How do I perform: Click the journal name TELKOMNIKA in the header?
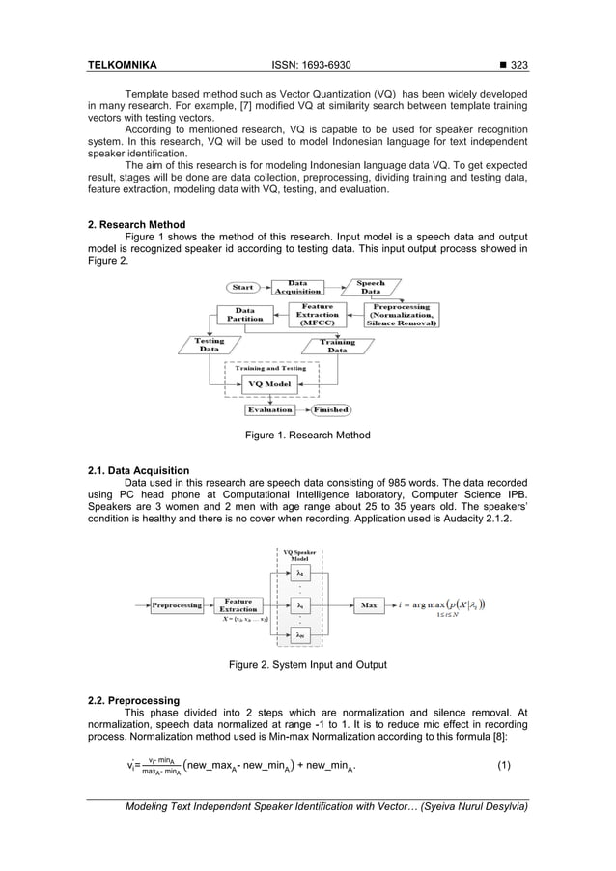(123, 66)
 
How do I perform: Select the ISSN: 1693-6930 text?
(308, 66)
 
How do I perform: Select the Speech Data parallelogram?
(372, 288)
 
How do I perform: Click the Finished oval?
(330, 409)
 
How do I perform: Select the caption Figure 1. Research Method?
(307, 435)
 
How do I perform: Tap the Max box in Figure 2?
(368, 604)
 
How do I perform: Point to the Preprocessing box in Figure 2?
(176, 605)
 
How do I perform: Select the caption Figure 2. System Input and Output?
(307, 664)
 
